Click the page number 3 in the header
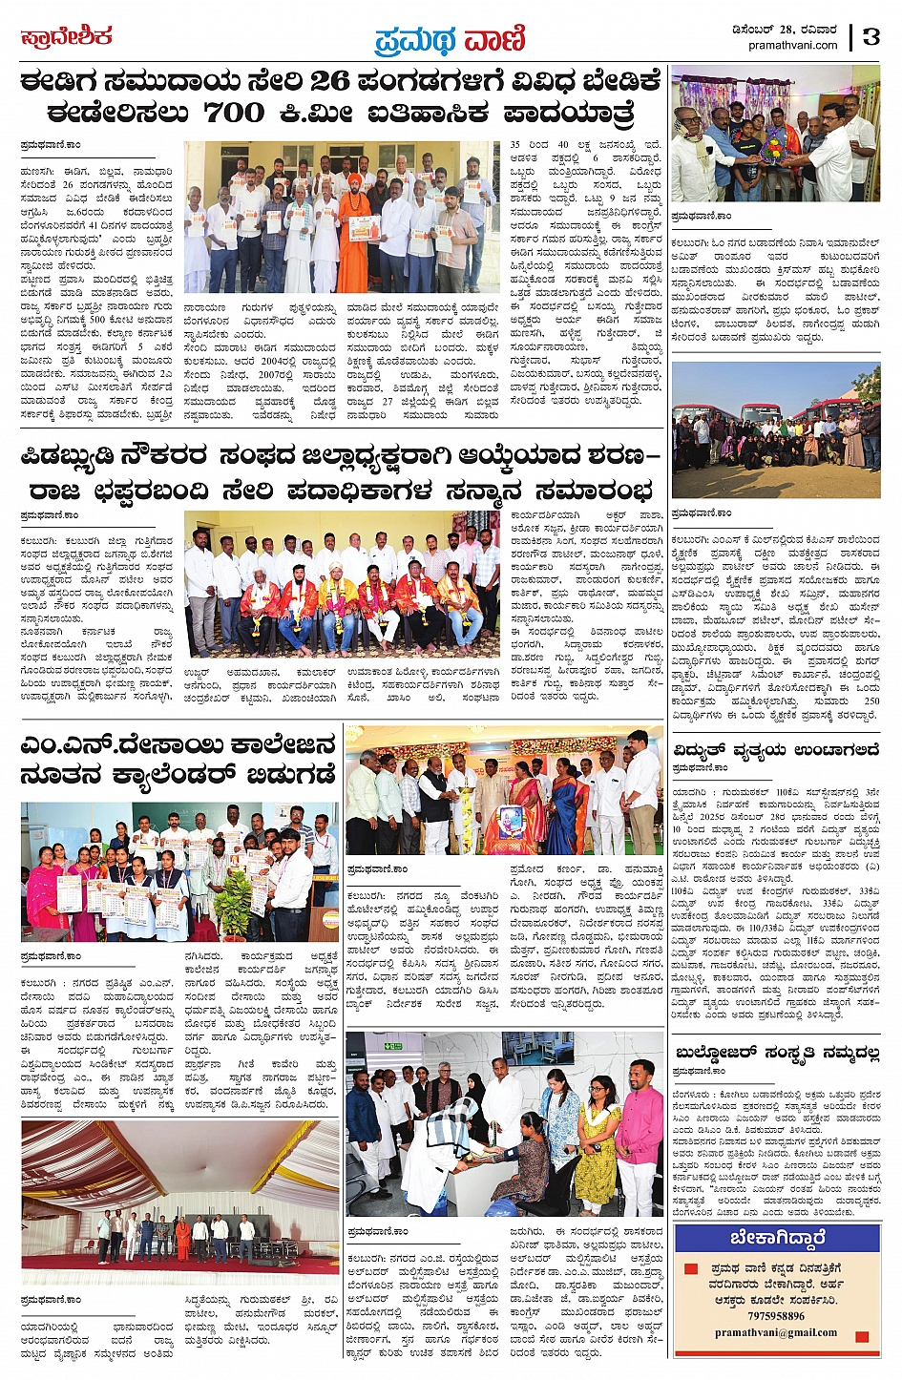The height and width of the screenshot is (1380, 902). click(x=871, y=36)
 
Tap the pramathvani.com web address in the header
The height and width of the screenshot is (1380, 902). click(x=793, y=45)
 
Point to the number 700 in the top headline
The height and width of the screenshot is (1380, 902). click(x=234, y=114)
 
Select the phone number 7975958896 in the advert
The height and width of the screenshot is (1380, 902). click(x=778, y=1316)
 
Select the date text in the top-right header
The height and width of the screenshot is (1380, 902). click(x=793, y=29)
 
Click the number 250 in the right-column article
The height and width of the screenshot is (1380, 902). click(x=870, y=701)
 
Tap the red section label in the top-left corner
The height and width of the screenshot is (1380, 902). click(x=67, y=38)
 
